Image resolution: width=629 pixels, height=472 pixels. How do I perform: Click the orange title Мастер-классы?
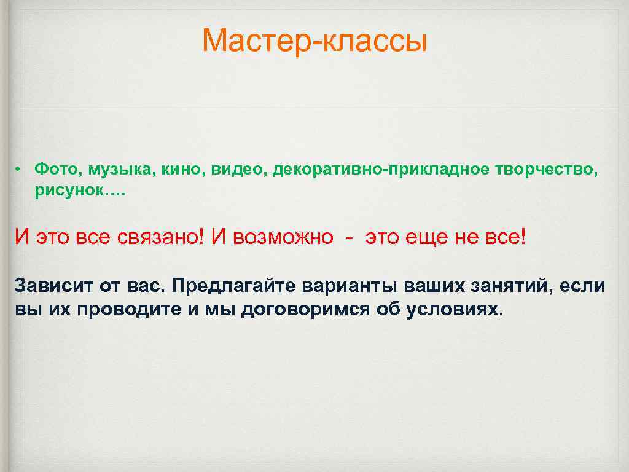tap(314, 41)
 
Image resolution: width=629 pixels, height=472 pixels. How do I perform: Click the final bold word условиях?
tap(455, 309)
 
